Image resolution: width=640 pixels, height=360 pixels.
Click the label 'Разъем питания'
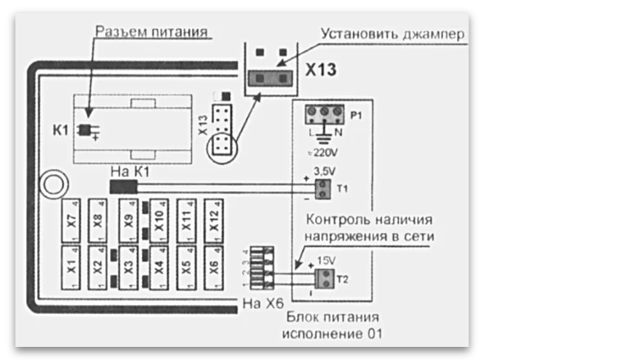(150, 31)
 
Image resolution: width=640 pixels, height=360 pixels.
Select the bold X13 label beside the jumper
(321, 71)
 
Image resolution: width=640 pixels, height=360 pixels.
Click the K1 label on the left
(61, 130)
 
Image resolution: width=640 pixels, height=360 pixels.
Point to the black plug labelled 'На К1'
(123, 189)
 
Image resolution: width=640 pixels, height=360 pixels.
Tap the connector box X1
(71, 266)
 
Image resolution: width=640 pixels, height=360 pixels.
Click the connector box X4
(158, 266)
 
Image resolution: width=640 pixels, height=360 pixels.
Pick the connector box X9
(129, 220)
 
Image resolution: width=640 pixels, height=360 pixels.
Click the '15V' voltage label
(327, 262)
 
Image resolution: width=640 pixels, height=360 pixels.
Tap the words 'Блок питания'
(331, 317)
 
